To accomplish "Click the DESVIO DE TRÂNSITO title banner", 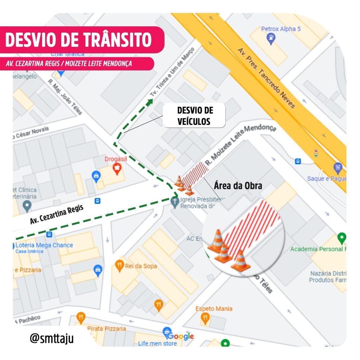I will click(79, 39).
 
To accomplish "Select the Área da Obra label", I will click(238, 186).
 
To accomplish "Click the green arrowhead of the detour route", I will click(150, 102).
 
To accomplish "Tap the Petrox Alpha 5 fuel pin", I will click(271, 38).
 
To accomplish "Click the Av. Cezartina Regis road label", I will click(57, 214).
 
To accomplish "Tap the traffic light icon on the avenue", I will click(316, 153).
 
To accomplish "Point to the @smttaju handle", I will click(52, 338).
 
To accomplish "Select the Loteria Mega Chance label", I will click(44, 245).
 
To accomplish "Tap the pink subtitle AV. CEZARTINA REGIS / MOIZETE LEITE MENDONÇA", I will click(69, 64).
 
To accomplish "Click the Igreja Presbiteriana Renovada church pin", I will click(174, 202).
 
